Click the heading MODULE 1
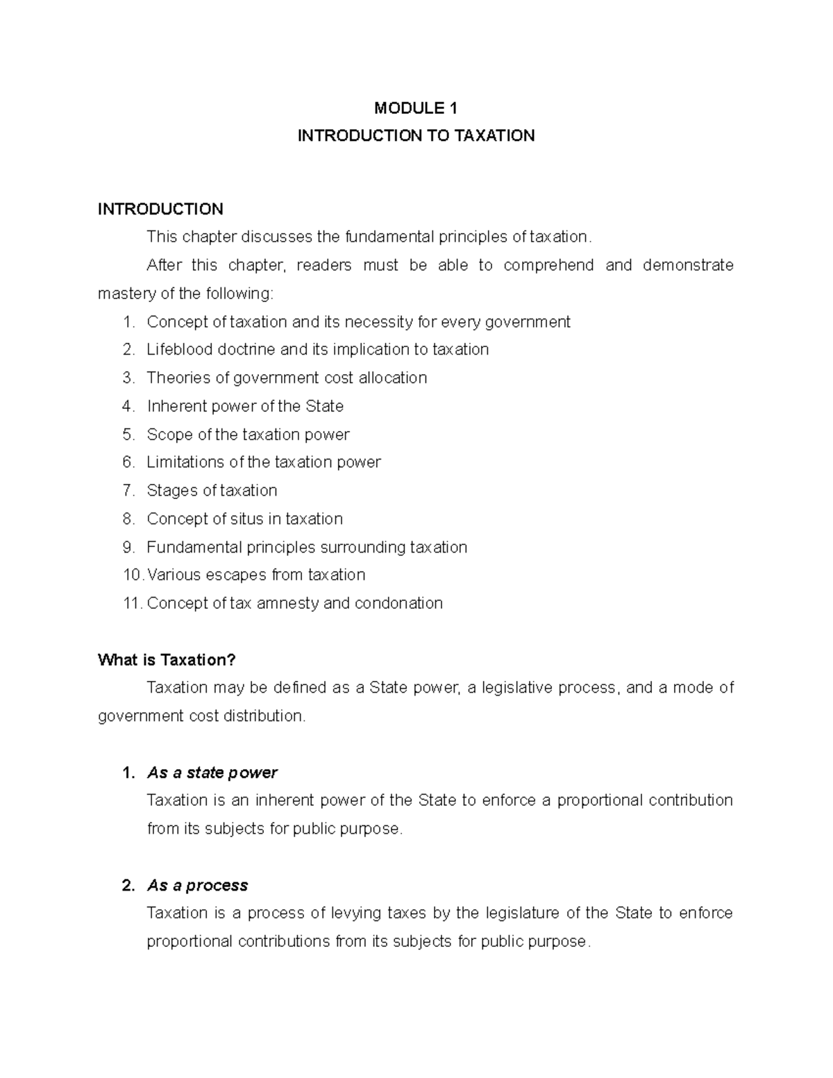416,108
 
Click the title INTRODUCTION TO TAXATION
416,135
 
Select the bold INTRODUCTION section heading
160,209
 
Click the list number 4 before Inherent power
127,406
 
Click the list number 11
131,603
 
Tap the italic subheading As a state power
212,773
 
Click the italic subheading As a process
197,885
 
